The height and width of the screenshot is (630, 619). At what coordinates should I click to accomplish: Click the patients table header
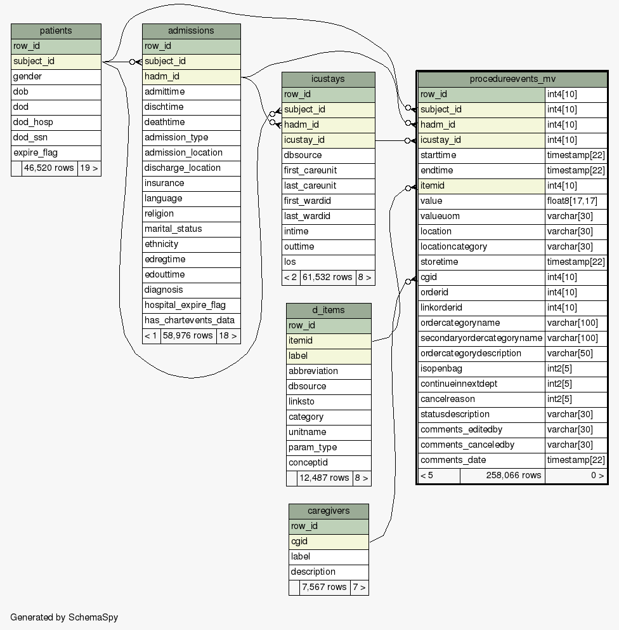(56, 31)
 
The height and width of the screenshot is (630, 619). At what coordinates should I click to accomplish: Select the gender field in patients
(56, 77)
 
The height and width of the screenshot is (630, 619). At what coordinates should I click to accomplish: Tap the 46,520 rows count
(49, 168)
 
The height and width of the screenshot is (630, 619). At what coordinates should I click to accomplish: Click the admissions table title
(191, 31)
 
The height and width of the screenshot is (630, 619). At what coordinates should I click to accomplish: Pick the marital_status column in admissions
(191, 229)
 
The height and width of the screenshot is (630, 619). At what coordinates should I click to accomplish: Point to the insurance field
(191, 184)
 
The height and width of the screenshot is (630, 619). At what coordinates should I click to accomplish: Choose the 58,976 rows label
(188, 336)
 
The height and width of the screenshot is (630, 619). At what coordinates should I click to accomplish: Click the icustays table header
(328, 79)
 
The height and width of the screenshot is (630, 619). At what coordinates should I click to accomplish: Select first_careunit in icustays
(328, 171)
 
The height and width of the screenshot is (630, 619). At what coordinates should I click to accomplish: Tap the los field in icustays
(328, 262)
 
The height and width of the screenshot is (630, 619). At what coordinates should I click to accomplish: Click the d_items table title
(329, 311)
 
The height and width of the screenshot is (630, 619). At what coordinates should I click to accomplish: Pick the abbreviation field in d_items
(329, 372)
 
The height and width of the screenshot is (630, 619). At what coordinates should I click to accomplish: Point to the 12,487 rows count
(324, 478)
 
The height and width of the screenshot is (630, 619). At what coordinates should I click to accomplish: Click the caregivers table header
(329, 511)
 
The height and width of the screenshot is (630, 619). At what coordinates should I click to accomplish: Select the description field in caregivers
(329, 572)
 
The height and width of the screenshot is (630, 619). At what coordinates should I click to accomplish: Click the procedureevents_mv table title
(512, 79)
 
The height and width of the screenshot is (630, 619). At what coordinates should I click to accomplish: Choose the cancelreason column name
(481, 399)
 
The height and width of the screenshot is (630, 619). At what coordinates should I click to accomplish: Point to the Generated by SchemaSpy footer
(64, 617)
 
